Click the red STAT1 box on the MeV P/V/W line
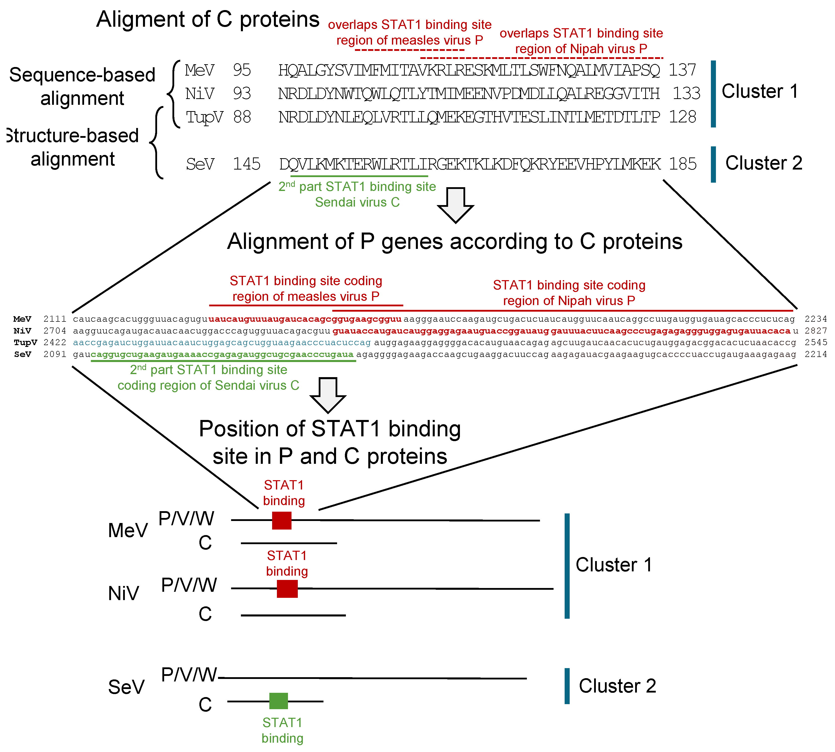[x=282, y=521]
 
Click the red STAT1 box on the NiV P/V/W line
[x=287, y=589]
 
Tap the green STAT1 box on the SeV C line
[x=278, y=701]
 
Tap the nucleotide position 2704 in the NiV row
[x=55, y=331]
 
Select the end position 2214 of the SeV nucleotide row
[x=816, y=354]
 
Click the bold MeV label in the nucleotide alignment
[x=22, y=319]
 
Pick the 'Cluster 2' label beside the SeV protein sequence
[x=764, y=163]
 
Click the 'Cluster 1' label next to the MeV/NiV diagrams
[x=614, y=565]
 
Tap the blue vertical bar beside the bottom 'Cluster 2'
[x=567, y=686]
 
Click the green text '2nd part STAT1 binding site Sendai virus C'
[x=357, y=194]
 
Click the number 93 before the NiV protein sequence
[x=242, y=93]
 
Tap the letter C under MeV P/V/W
[x=205, y=543]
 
